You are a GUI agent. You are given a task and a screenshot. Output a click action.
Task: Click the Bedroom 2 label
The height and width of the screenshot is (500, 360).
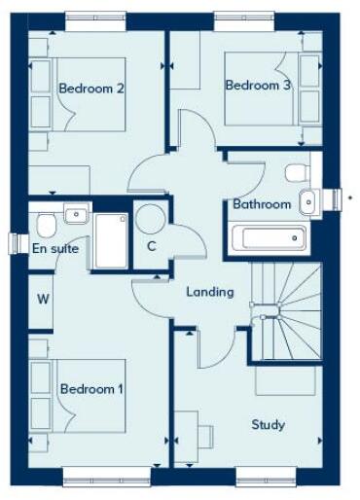(90, 89)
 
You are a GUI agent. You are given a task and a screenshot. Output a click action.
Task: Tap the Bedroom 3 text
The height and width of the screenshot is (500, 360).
(258, 86)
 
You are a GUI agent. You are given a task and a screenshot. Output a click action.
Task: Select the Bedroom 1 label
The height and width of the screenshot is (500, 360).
(91, 389)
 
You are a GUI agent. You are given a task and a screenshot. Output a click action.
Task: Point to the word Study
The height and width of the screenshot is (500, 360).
(268, 424)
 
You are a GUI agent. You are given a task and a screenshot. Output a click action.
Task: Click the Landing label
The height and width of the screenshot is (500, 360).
(210, 292)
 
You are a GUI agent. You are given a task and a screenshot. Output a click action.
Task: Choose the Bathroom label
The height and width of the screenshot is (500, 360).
(261, 204)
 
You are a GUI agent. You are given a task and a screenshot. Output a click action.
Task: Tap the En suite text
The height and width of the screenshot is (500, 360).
(55, 248)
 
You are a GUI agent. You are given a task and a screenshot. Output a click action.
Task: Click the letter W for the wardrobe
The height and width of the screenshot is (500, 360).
(44, 299)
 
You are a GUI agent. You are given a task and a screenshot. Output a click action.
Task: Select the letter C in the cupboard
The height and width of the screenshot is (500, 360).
(151, 245)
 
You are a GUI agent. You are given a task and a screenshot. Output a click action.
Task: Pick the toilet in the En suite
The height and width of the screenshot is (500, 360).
(45, 225)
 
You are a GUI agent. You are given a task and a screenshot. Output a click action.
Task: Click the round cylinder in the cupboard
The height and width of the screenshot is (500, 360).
(150, 219)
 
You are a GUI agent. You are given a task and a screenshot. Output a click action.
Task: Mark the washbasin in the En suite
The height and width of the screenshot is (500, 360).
(76, 213)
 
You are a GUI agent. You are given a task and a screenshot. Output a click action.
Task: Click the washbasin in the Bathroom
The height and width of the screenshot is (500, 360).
(307, 201)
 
